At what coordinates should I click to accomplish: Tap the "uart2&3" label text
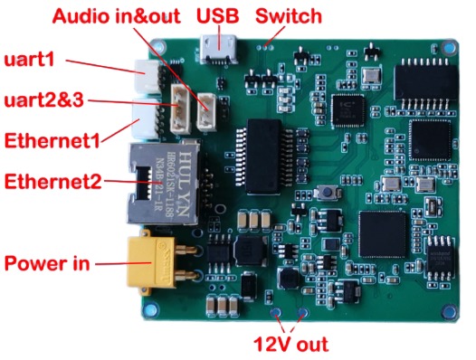(x=43, y=99)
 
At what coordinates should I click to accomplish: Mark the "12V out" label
(x=290, y=344)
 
